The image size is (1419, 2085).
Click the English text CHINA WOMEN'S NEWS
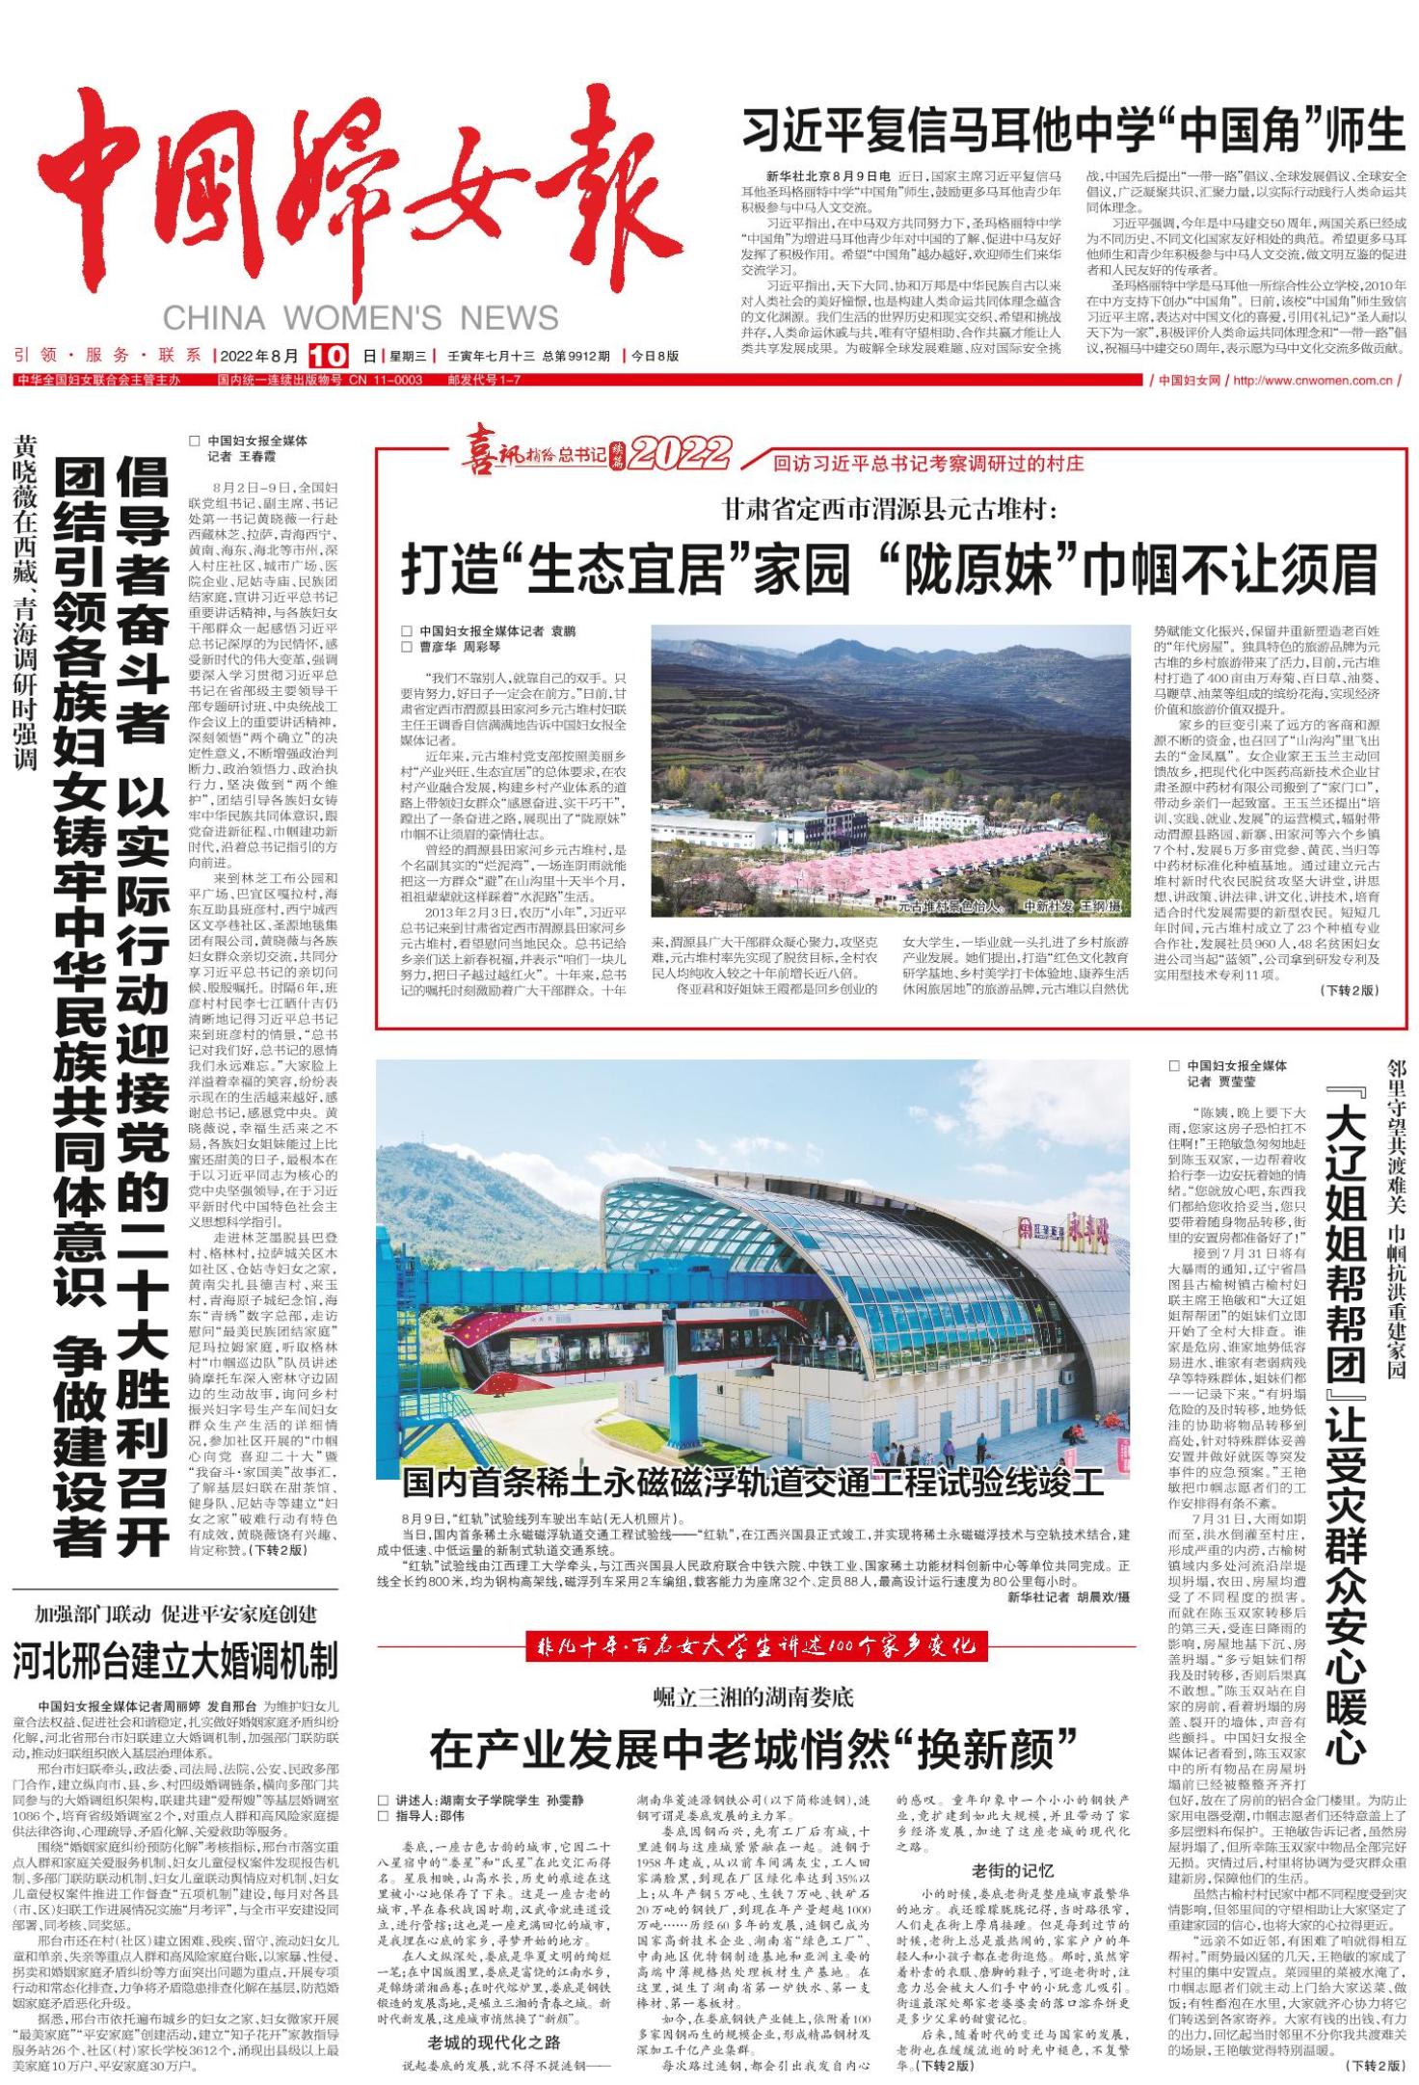pos(361,317)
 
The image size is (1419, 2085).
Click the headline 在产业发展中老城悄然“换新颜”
pos(752,1750)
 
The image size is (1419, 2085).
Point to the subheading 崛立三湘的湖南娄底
pos(753,1696)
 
